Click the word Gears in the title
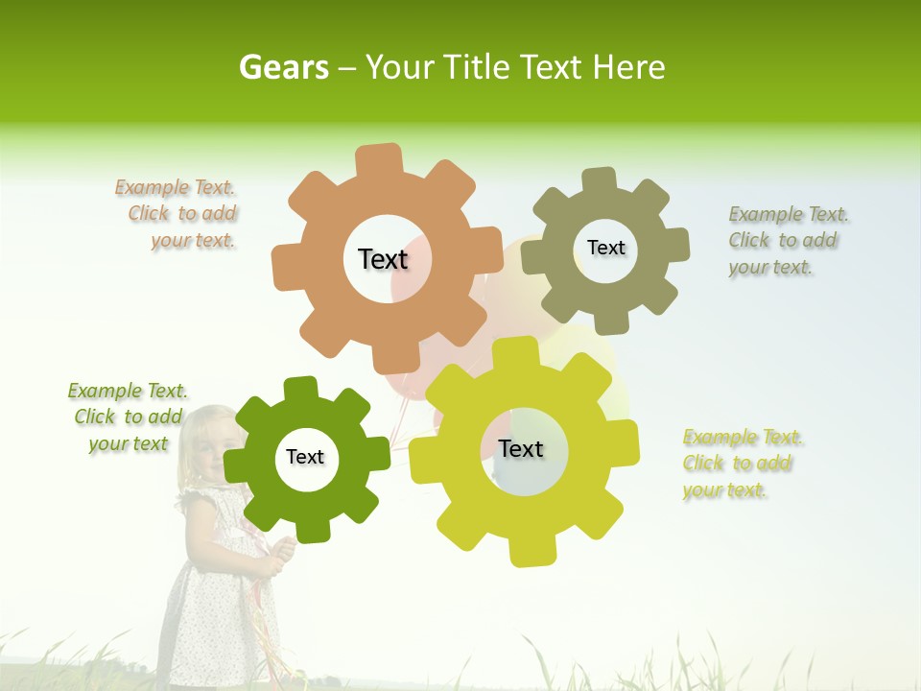point(283,67)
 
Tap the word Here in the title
point(628,67)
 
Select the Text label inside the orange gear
point(383,259)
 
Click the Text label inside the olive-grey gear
point(605,248)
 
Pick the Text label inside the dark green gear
point(305,457)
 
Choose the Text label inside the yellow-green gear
point(521,448)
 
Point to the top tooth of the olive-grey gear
point(598,181)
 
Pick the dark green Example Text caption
point(128,417)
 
